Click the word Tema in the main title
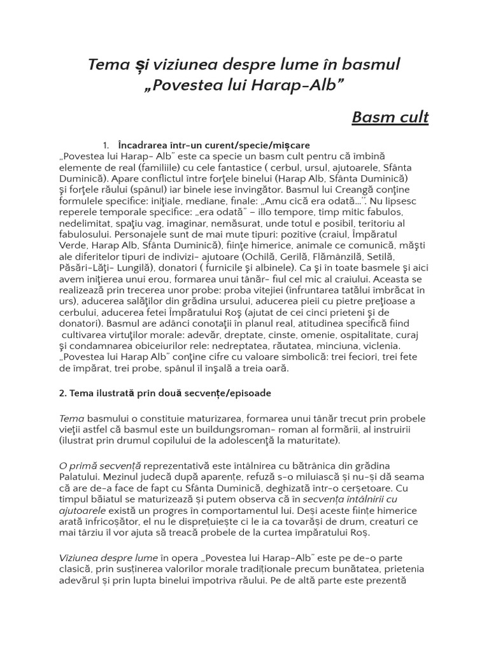(x=107, y=64)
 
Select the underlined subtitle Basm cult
(x=390, y=117)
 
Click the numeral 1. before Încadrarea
(x=106, y=146)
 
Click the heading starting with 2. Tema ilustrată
(x=165, y=393)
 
